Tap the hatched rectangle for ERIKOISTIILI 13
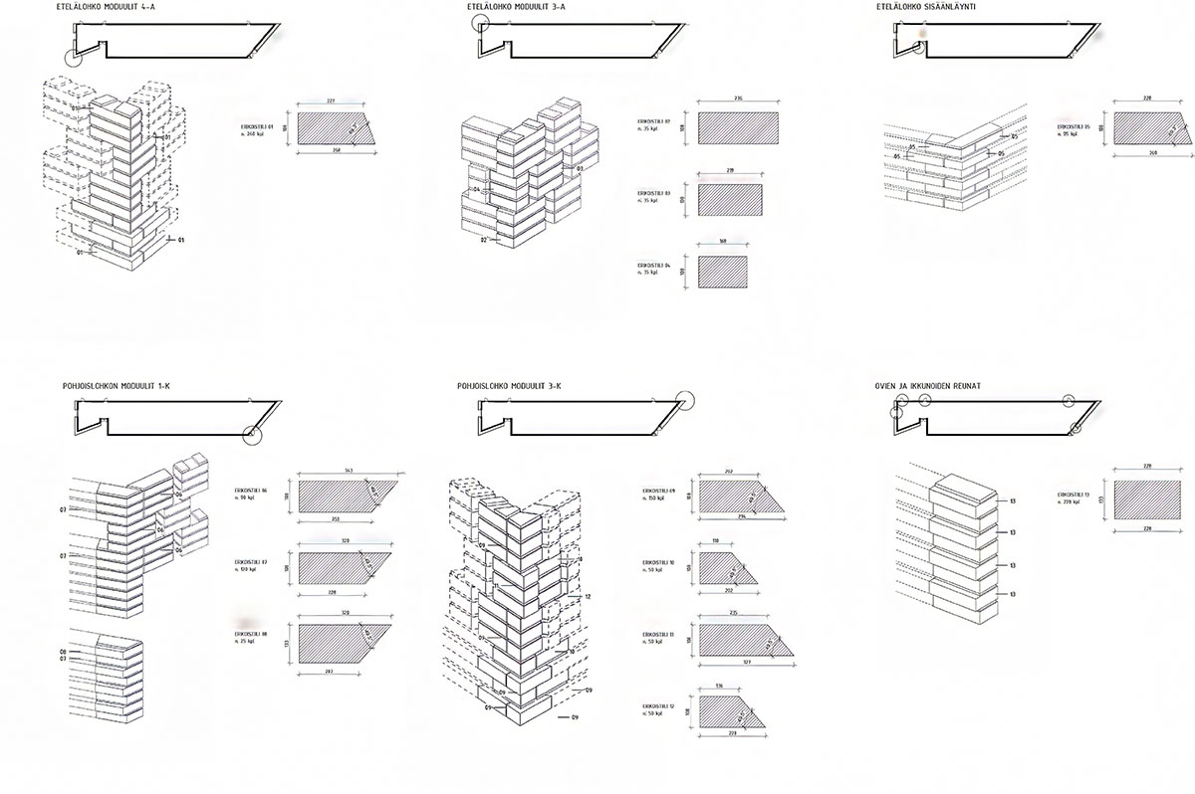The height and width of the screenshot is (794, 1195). coord(1152,499)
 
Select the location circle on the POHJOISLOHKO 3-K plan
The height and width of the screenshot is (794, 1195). coord(685,400)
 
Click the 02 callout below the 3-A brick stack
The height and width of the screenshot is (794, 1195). coord(483,240)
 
